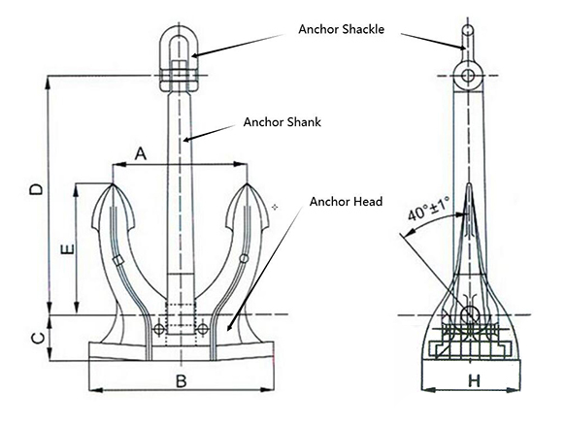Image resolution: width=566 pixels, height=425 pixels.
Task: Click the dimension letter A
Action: tap(142, 152)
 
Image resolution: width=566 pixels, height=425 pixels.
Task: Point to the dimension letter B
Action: tap(181, 380)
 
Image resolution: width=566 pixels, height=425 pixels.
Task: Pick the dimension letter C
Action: tap(36, 338)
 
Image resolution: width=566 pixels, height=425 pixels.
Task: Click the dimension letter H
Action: tap(472, 381)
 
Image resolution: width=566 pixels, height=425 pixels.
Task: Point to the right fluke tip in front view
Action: tap(248, 186)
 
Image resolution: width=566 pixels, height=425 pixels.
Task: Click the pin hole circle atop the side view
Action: tap(470, 75)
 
